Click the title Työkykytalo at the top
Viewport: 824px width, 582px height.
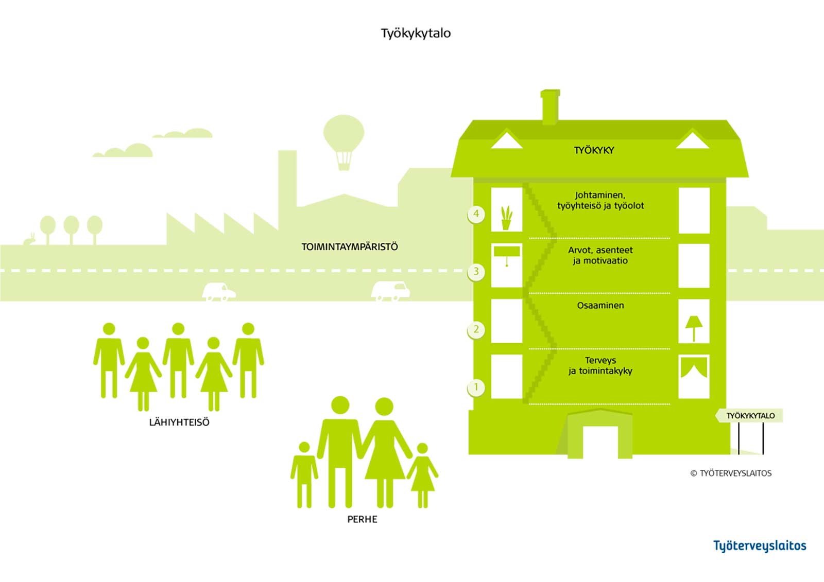coord(416,33)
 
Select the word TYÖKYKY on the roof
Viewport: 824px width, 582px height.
coord(594,150)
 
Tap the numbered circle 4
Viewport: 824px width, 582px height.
coord(476,214)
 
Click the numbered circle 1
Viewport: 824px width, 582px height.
coord(476,387)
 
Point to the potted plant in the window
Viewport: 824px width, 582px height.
coord(507,218)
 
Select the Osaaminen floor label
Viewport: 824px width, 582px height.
coord(600,306)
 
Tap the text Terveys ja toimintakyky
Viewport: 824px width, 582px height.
coord(600,365)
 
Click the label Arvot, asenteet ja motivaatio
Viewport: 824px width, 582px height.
coord(600,255)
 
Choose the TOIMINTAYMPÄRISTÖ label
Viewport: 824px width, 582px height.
coord(350,247)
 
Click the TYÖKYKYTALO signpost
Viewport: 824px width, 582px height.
coord(750,416)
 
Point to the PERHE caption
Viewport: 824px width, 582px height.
coord(362,519)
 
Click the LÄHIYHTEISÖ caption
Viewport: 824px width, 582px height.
coord(179,422)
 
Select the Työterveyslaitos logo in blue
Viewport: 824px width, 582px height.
coord(760,546)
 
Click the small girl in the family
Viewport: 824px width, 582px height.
coord(423,473)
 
